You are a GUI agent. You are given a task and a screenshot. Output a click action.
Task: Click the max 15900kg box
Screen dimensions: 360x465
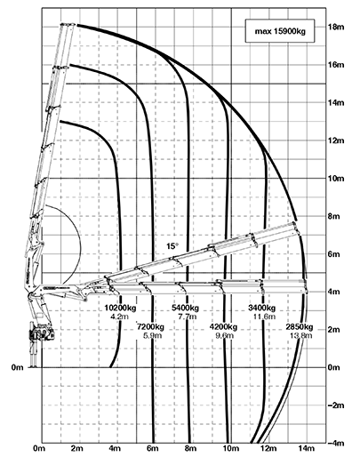click(280, 31)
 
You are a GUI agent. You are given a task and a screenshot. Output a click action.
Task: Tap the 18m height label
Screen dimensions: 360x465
click(336, 27)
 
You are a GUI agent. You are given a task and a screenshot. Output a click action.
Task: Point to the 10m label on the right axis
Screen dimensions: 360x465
click(336, 178)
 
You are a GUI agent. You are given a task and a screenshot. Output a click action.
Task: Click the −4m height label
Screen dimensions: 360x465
click(336, 443)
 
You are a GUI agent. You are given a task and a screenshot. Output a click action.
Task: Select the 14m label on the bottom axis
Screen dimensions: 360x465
click(307, 448)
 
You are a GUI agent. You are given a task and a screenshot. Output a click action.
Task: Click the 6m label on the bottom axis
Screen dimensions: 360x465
click(152, 448)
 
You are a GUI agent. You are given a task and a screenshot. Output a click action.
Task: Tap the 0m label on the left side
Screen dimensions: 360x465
click(17, 367)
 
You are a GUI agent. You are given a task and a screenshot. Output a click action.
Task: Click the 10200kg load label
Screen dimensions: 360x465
click(120, 308)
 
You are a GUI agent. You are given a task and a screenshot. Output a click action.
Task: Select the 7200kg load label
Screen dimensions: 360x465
click(150, 327)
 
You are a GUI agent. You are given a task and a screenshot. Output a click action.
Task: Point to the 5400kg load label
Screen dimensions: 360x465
click(186, 308)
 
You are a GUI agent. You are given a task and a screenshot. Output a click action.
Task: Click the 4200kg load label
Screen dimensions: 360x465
click(223, 327)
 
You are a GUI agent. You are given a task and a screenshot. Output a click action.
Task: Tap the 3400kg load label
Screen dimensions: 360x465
click(262, 308)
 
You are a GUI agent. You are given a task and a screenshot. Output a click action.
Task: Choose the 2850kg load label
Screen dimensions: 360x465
click(300, 327)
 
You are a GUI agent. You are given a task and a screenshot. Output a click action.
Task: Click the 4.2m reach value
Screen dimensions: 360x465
click(119, 317)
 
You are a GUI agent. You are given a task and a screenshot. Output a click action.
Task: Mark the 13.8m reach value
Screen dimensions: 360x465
click(301, 336)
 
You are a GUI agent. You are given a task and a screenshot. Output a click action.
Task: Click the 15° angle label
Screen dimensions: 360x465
click(172, 246)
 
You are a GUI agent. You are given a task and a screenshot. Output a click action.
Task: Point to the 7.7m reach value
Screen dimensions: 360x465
click(188, 317)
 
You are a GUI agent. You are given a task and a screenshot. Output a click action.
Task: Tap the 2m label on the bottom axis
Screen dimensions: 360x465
click(76, 448)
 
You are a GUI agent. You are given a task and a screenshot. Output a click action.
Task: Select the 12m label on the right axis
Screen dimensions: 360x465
click(336, 140)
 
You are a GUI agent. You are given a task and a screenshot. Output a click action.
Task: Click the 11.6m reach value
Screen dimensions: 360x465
click(264, 317)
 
